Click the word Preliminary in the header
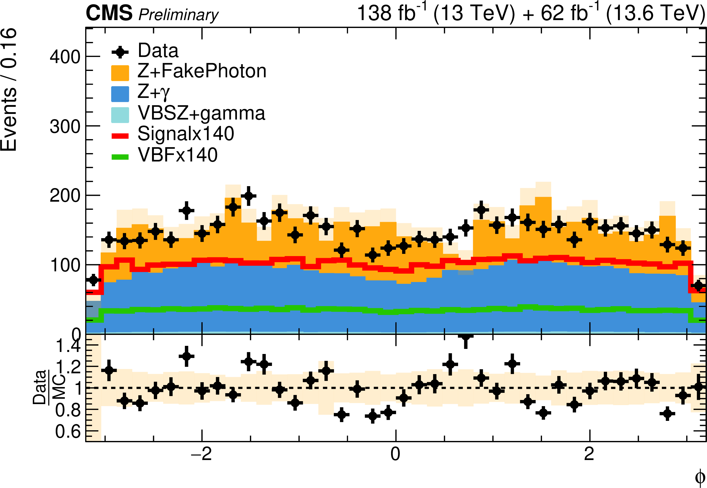click(178, 15)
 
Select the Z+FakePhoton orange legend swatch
click(120, 73)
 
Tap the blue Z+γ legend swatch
click(120, 94)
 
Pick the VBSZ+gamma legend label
click(201, 114)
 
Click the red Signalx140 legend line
click(120, 136)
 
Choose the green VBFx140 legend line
click(120, 157)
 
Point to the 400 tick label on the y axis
click(65, 57)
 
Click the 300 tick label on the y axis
click(65, 126)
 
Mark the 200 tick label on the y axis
click(65, 196)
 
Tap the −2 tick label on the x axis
click(201, 454)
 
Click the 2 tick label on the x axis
click(589, 454)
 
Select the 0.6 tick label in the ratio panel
click(68, 432)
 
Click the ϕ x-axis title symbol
click(700, 477)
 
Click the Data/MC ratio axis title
click(49, 387)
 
